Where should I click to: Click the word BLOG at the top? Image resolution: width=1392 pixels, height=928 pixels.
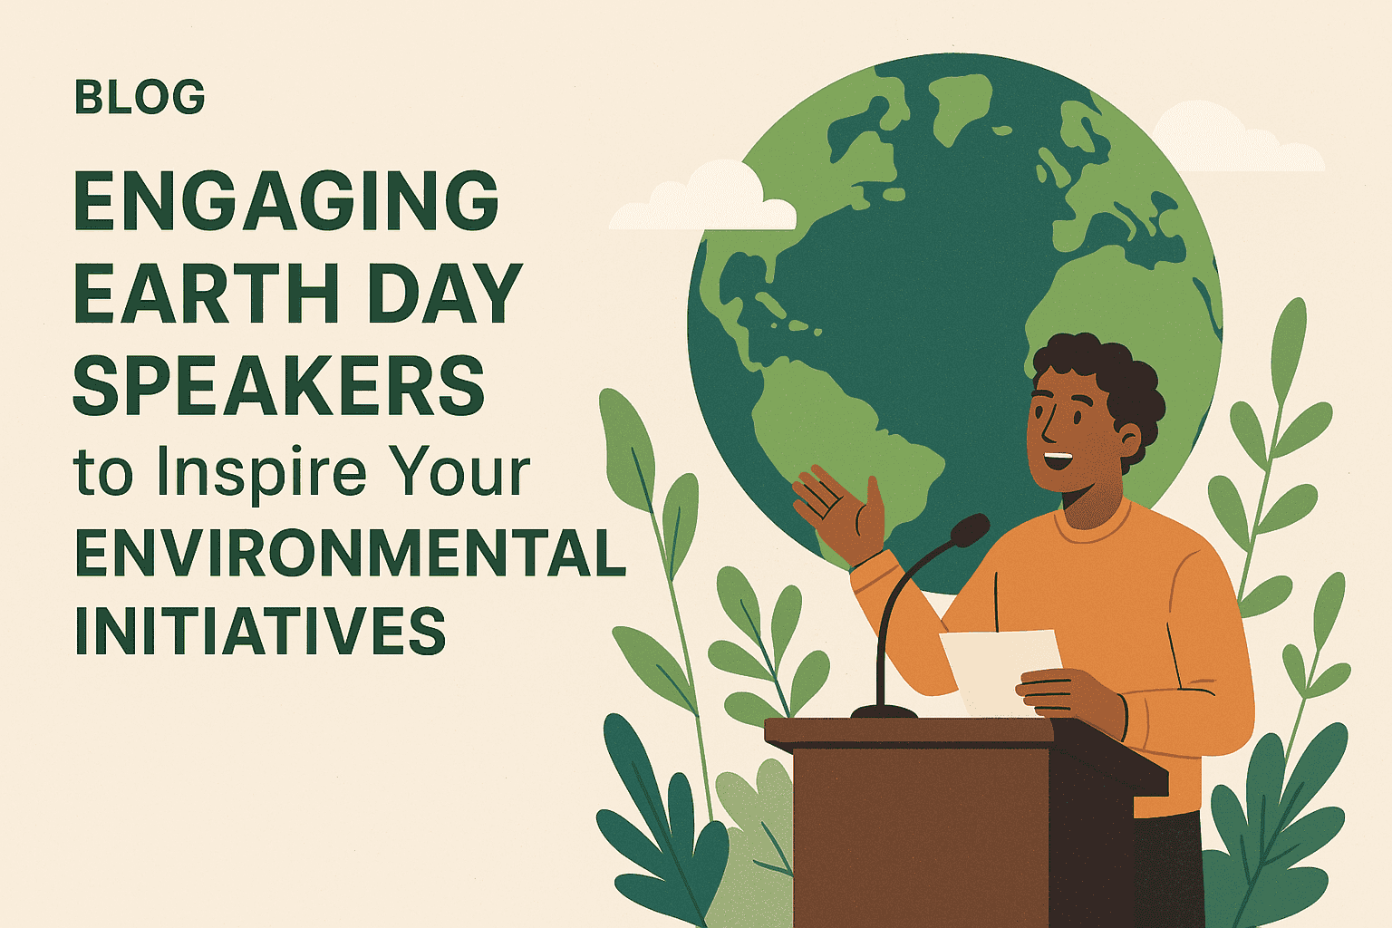click(x=140, y=98)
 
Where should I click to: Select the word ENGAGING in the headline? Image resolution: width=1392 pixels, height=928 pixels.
click(x=285, y=201)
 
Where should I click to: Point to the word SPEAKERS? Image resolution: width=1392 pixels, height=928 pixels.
click(x=278, y=385)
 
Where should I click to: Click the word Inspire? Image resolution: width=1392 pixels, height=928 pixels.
click(x=261, y=473)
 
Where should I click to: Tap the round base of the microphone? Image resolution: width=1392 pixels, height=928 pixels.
click(x=884, y=710)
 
